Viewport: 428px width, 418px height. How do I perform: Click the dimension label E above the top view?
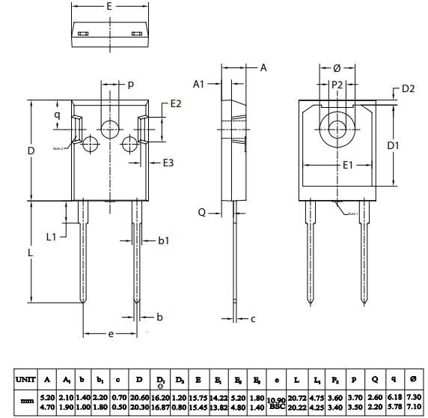(x=109, y=6)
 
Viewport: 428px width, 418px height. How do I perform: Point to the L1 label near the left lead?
(x=52, y=237)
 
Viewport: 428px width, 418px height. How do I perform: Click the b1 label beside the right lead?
(x=164, y=240)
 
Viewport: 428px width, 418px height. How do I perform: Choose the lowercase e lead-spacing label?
(x=111, y=334)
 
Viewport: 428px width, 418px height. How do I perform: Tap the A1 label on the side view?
(x=198, y=84)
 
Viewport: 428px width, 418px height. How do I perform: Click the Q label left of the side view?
(x=201, y=212)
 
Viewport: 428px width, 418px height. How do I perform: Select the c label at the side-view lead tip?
(x=253, y=318)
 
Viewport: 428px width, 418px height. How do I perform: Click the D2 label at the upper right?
(x=408, y=89)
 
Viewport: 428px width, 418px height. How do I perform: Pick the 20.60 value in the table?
(x=140, y=396)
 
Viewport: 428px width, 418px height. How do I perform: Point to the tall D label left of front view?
(x=31, y=151)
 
